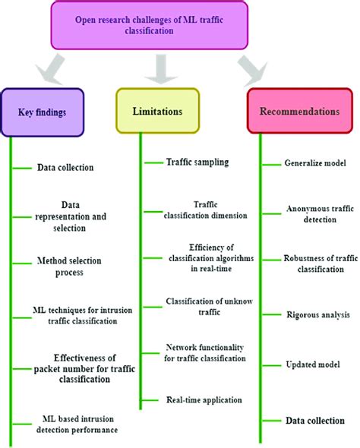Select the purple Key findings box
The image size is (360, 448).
(41, 112)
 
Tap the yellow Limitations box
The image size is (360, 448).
(158, 111)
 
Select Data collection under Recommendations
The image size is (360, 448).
(314, 420)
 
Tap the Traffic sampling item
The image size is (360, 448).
(197, 161)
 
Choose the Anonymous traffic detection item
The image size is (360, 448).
(316, 213)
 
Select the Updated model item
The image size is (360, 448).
(313, 364)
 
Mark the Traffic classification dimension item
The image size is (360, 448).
(205, 210)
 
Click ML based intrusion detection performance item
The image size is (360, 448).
(80, 424)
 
